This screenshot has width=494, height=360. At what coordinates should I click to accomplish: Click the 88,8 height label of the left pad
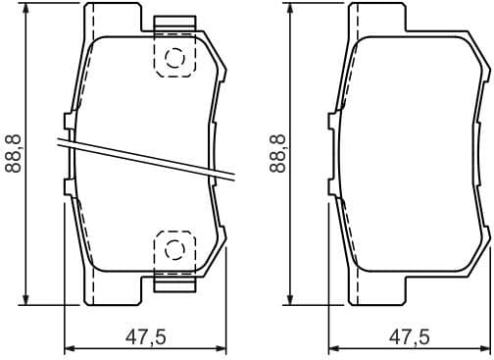point(14,153)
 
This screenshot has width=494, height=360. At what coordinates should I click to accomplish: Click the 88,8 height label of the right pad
point(277,153)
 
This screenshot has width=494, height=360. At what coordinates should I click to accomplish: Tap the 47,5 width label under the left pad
point(145,336)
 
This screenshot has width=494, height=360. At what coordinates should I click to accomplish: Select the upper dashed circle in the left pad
point(174,58)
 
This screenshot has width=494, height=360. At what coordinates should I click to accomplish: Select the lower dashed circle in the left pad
point(174,247)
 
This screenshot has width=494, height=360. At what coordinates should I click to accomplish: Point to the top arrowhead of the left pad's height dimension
point(27,9)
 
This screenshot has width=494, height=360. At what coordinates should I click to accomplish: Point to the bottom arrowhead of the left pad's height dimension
point(27,299)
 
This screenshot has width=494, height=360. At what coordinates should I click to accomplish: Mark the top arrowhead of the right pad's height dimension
point(291,9)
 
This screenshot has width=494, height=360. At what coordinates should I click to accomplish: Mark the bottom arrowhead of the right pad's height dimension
point(291,299)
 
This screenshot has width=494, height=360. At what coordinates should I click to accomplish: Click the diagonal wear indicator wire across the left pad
point(147,159)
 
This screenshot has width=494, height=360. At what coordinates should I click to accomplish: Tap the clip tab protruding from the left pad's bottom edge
point(174,283)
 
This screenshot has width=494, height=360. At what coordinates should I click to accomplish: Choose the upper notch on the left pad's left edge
point(68,121)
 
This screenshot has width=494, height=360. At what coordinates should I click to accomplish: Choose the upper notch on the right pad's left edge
point(331,121)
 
